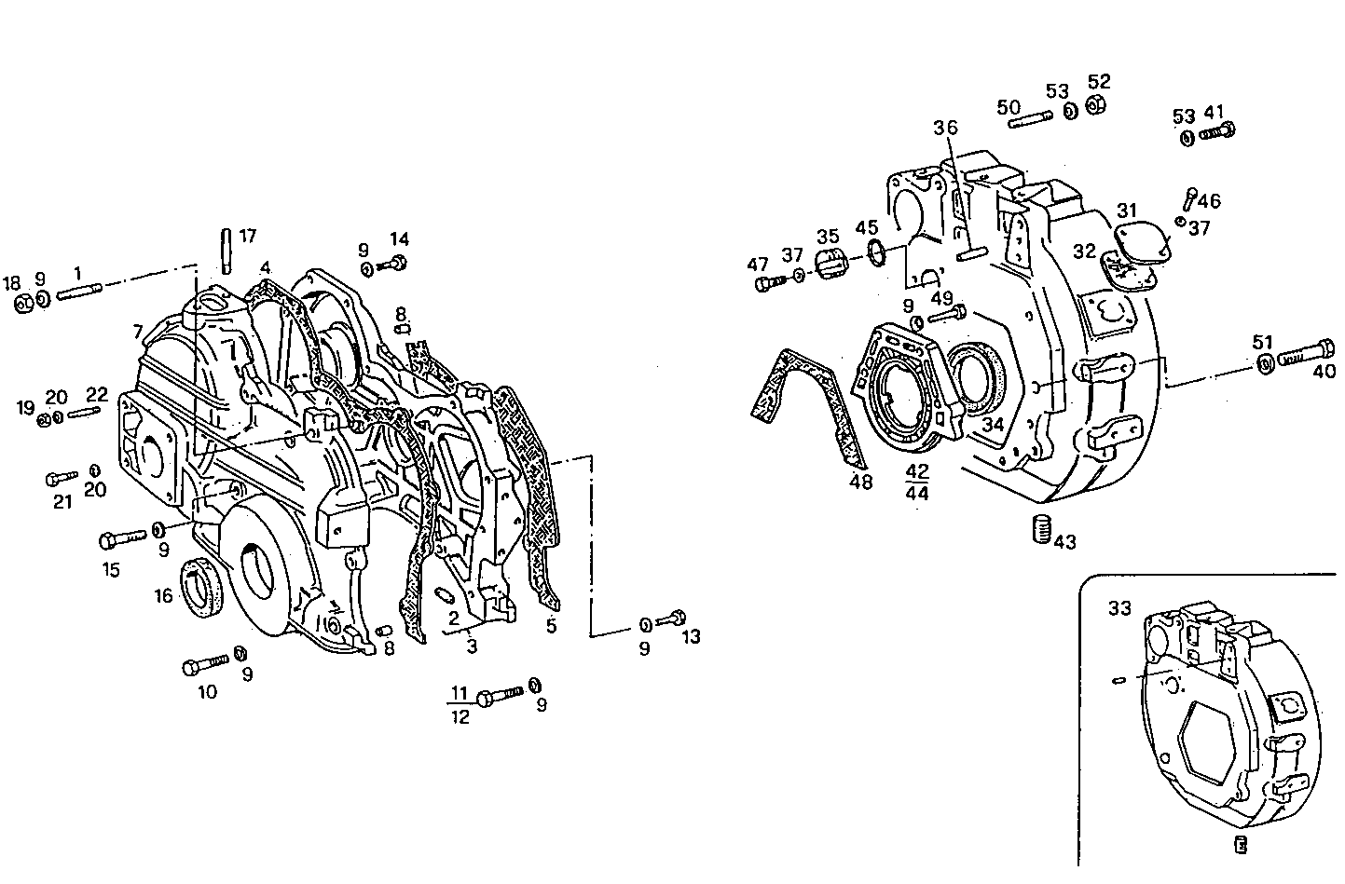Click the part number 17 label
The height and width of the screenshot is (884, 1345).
247,237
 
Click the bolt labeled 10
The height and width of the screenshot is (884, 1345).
205,666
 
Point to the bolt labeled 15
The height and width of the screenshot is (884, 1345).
121,538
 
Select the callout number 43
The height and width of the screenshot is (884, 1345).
1064,541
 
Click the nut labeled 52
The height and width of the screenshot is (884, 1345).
1097,104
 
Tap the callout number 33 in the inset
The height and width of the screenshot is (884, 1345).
1119,608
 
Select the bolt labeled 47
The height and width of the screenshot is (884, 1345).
773,280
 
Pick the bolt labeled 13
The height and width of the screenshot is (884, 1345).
671,618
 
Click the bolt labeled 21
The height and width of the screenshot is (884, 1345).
62,479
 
